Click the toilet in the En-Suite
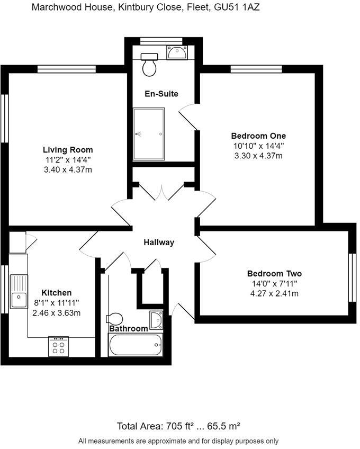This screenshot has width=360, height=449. pyautogui.click(x=150, y=65)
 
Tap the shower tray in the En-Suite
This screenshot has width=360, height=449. pyautogui.click(x=149, y=134)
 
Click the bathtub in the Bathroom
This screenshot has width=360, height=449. pyautogui.click(x=136, y=346)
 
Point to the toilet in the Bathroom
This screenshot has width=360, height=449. pyautogui.click(x=114, y=319)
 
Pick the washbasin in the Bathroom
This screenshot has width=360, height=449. pyautogui.click(x=156, y=320)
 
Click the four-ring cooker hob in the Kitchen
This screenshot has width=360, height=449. pyautogui.click(x=59, y=347)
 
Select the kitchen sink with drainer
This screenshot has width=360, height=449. pyautogui.click(x=19, y=293)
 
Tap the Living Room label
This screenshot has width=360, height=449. pyautogui.click(x=68, y=150)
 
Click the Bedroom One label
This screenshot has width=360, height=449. pyautogui.click(x=258, y=135)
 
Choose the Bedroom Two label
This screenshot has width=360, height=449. pyautogui.click(x=274, y=274)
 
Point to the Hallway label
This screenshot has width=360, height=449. pyautogui.click(x=159, y=243)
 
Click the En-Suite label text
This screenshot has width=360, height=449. pyautogui.click(x=161, y=94)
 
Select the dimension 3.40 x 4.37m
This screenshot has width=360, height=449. pyautogui.click(x=68, y=169)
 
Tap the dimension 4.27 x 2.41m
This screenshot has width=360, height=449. pyautogui.click(x=274, y=293)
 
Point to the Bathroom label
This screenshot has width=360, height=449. pyautogui.click(x=128, y=329)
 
